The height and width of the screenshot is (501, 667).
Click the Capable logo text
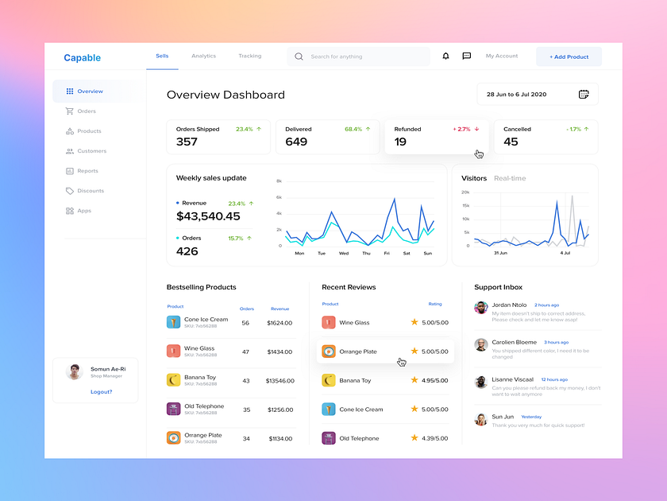coord(83,57)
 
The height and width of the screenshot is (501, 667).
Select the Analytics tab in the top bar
coord(203,56)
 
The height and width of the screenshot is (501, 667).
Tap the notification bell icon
coord(445,56)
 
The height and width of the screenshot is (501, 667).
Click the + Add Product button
coord(569,56)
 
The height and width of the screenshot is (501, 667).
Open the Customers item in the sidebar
coord(91,151)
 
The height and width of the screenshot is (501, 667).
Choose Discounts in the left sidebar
coord(91,191)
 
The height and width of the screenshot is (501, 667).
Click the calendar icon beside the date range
coord(584,95)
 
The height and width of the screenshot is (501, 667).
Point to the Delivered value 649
coord(296,142)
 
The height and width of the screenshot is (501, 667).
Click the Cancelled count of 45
coord(511,142)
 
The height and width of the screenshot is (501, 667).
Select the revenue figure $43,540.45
coord(208,216)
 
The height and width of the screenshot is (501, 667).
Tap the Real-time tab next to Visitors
coord(510,178)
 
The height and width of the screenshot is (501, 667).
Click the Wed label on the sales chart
coord(344,254)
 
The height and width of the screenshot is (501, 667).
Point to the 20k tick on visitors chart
coord(465,192)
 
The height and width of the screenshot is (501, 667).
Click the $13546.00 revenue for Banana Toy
coord(280,381)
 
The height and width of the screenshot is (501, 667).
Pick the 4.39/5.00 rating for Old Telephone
coord(434,438)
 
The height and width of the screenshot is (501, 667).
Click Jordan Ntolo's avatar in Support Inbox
coord(480,308)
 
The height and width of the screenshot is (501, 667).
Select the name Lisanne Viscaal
coord(513,379)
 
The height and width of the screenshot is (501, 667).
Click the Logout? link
coord(101,392)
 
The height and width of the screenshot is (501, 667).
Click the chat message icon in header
coord(467,56)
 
